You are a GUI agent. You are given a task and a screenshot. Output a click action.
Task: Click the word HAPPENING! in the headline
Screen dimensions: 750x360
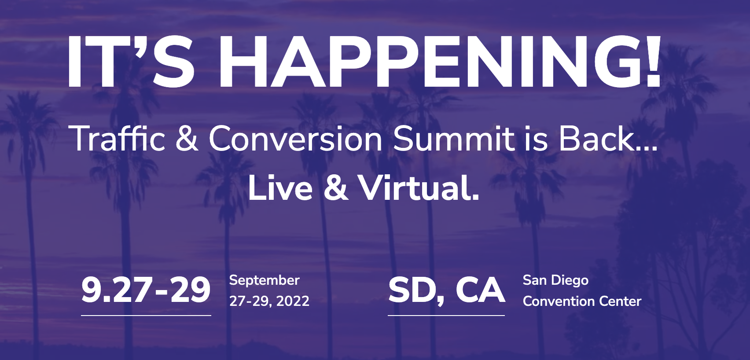(440, 61)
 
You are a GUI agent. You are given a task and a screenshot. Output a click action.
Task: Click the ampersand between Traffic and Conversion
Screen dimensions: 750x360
(187, 139)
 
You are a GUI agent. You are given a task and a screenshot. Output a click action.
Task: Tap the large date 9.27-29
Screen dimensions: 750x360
(146, 290)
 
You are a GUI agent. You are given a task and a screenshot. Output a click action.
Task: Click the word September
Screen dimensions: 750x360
(264, 281)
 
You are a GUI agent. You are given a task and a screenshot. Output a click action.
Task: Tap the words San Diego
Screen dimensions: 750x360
(555, 281)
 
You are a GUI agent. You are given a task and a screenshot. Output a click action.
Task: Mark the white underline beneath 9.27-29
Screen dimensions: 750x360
(146, 315)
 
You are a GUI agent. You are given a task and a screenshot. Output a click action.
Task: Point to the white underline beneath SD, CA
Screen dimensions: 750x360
(446, 315)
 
